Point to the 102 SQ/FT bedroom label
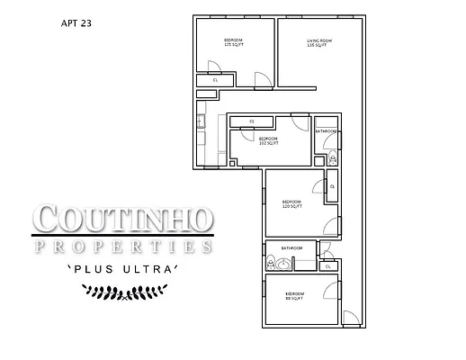point(268,140)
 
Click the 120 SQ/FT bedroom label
point(291,203)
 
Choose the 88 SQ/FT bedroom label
point(294,295)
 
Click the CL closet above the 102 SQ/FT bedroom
point(252,121)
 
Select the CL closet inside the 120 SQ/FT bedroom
point(332,187)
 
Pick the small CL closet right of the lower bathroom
point(329,266)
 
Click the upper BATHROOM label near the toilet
point(326,132)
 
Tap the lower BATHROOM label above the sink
point(291,248)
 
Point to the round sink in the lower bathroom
point(285,265)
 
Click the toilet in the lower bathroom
point(271,264)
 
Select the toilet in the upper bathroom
point(331,158)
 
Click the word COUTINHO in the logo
point(123,219)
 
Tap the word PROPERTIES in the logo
point(123,245)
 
